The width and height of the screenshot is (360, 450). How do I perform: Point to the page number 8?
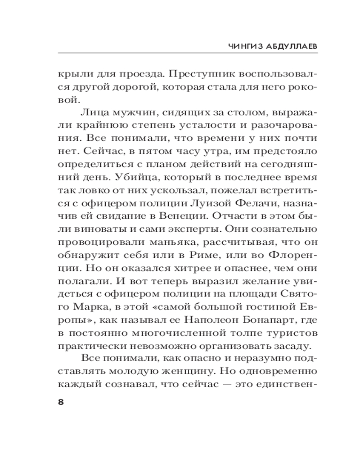coord(61,402)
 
